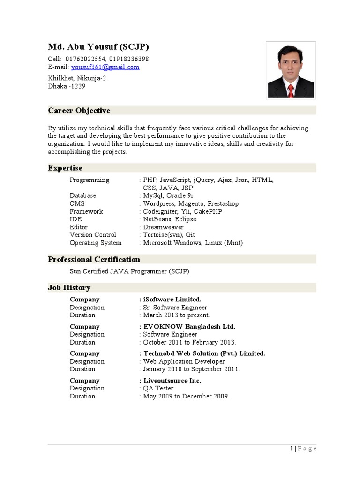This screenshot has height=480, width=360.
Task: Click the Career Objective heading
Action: point(79,111)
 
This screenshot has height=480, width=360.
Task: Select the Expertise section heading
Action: point(65,168)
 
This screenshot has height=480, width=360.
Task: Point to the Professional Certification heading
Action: point(94,260)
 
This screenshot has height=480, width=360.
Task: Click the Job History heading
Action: point(69,288)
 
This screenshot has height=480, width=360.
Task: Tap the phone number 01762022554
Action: point(86,59)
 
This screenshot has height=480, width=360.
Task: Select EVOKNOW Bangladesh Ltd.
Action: point(189,327)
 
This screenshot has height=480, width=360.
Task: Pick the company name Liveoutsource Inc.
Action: point(172,381)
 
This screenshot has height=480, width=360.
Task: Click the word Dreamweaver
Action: point(163,227)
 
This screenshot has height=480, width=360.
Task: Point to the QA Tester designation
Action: point(158,389)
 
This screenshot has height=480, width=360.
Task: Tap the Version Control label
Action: point(93,235)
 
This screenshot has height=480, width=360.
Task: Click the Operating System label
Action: point(96,243)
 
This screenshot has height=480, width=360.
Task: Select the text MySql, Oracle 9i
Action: point(168,195)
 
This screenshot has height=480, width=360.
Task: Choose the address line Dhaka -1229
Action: point(67,86)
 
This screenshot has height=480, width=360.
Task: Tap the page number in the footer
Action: point(292,449)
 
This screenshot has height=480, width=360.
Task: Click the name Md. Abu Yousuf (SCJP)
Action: point(98,47)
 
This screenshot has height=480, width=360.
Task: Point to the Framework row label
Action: point(86,211)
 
